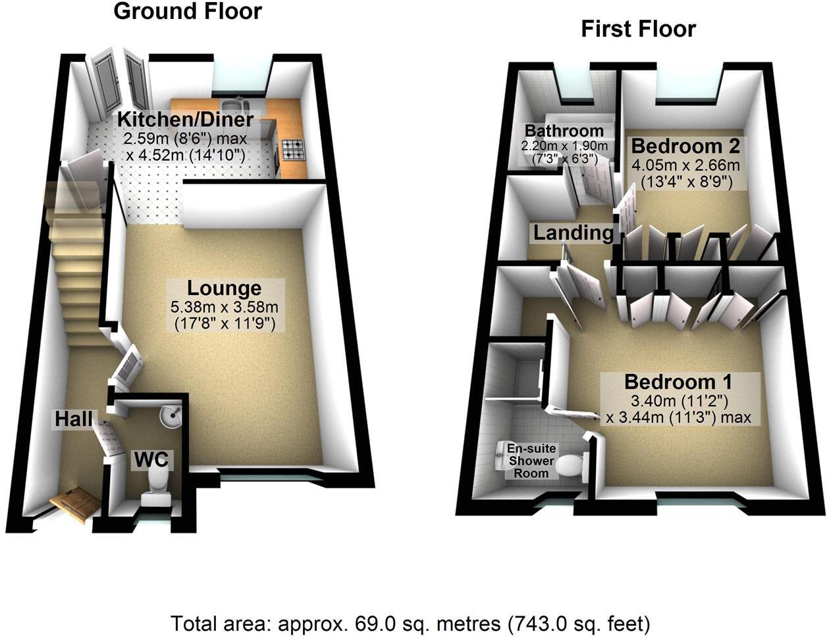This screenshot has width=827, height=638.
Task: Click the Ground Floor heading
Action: tap(188, 11)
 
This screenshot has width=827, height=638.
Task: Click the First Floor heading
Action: tap(638, 29)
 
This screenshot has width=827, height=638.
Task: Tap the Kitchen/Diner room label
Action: tap(185, 120)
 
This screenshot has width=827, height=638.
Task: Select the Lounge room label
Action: tap(224, 288)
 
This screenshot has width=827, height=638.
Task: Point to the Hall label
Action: tap(73, 419)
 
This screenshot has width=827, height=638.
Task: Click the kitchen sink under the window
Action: tap(234, 105)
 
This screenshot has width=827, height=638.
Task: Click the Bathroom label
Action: tap(564, 130)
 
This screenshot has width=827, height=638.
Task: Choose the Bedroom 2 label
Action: tap(685, 146)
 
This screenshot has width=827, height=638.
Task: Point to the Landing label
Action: tap(573, 232)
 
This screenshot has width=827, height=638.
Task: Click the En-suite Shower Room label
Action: tap(531, 461)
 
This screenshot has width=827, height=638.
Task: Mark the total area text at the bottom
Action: tap(410, 622)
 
